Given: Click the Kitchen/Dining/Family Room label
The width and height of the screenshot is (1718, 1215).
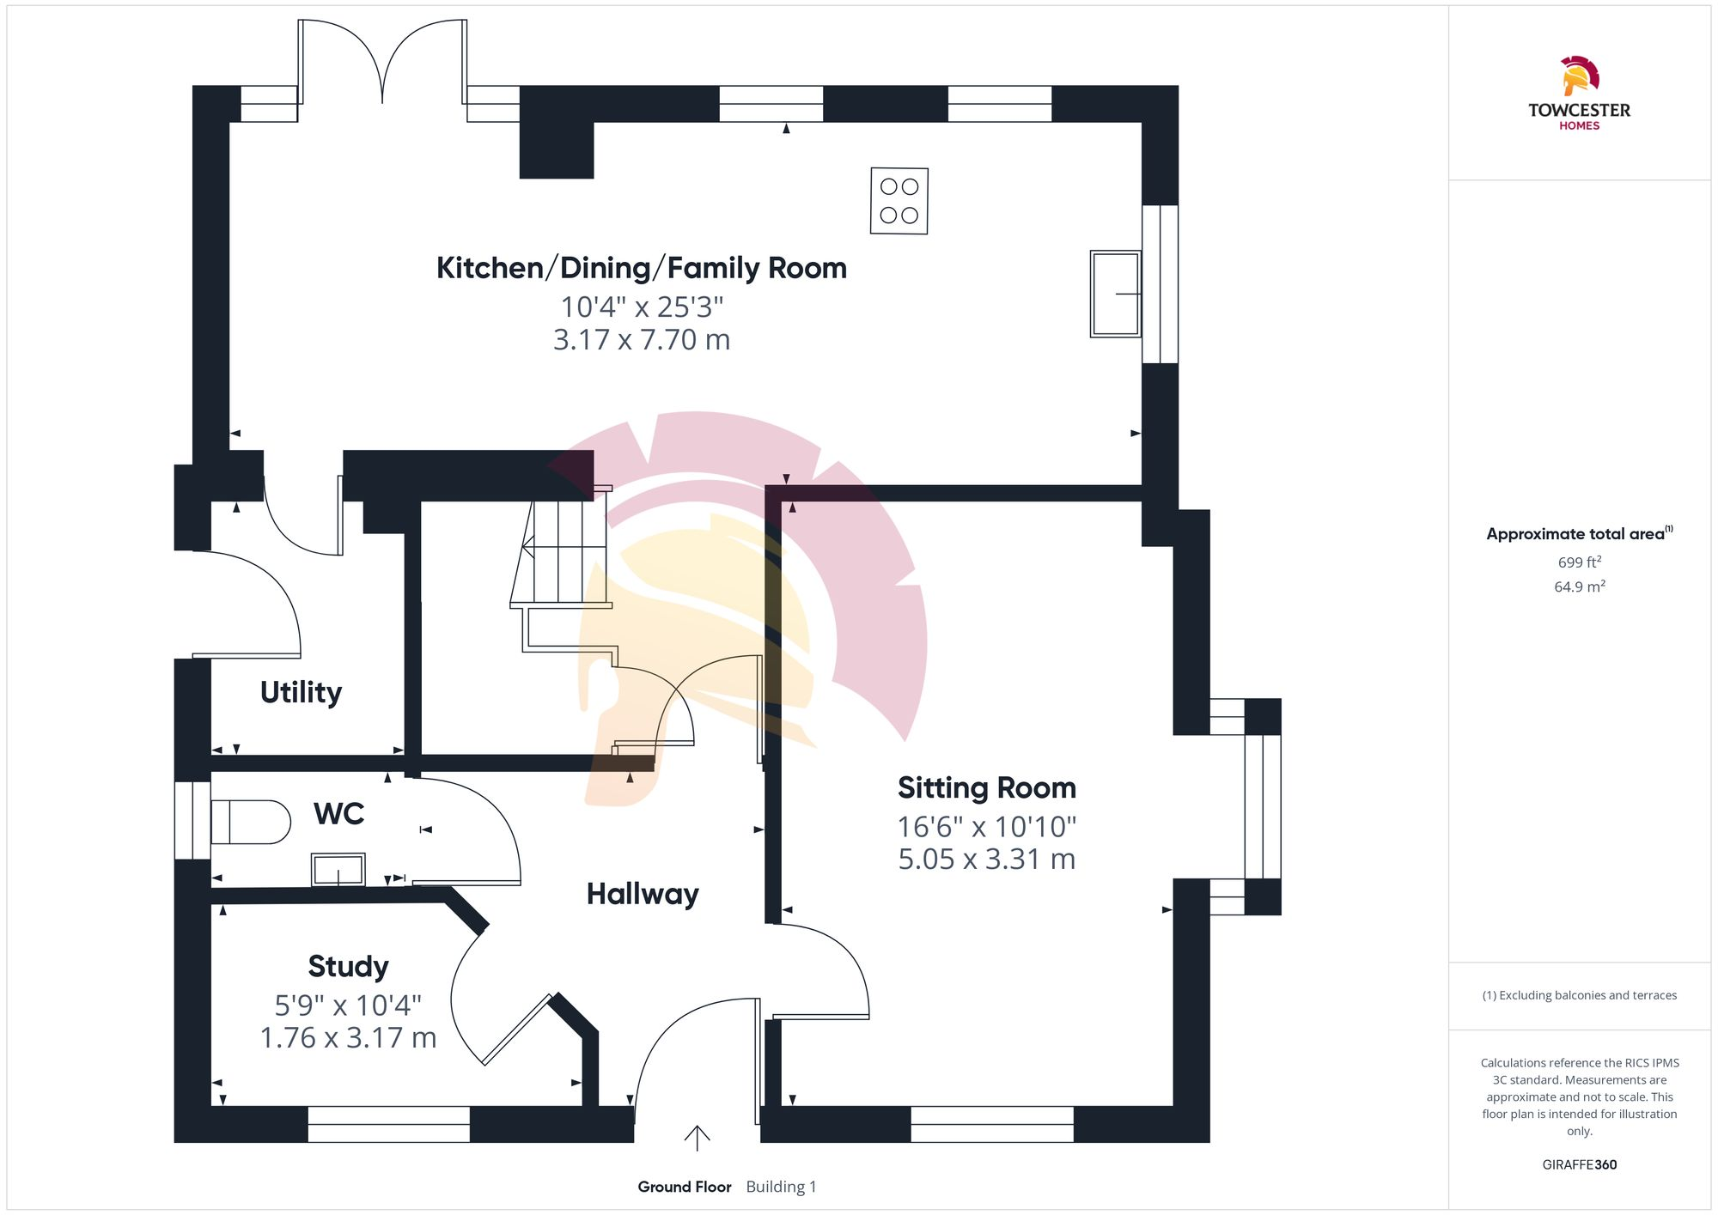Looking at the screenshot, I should coord(641,268).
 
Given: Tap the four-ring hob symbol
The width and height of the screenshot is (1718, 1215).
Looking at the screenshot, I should coord(899,201).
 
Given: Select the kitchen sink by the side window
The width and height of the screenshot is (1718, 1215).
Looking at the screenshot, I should coord(1115,294).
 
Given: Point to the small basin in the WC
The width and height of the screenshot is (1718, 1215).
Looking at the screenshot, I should coord(338,869).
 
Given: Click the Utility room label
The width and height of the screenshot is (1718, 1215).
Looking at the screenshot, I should coord(301,692).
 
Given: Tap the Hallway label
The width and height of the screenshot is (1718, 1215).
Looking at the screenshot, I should coord(642,894).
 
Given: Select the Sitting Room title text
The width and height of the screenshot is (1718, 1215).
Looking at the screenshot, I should coord(986,787).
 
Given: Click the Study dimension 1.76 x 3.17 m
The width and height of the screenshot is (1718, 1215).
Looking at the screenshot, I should coord(348,1037).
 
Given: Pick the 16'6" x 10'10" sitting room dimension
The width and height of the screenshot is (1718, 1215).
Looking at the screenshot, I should coord(986,826).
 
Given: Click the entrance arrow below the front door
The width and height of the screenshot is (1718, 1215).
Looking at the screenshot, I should coord(697,1138).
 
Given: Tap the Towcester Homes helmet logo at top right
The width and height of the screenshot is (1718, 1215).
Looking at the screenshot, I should coord(1579,76).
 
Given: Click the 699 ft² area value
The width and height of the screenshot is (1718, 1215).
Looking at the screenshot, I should coord(1579,562).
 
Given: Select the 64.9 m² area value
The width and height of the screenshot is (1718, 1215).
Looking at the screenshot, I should coord(1579,586).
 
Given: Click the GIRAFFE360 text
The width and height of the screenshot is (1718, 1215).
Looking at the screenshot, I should coord(1579,1164).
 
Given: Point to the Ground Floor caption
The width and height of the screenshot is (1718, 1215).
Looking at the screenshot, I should coord(684,1187).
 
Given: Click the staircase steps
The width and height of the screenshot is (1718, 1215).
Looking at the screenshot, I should coord(558,551).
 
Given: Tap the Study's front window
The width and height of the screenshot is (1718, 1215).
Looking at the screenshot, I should coord(388,1123).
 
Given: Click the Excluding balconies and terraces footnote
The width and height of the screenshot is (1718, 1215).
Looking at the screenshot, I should coord(1579,995).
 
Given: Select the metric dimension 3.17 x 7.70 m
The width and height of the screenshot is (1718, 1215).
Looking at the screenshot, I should coord(641,340).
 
